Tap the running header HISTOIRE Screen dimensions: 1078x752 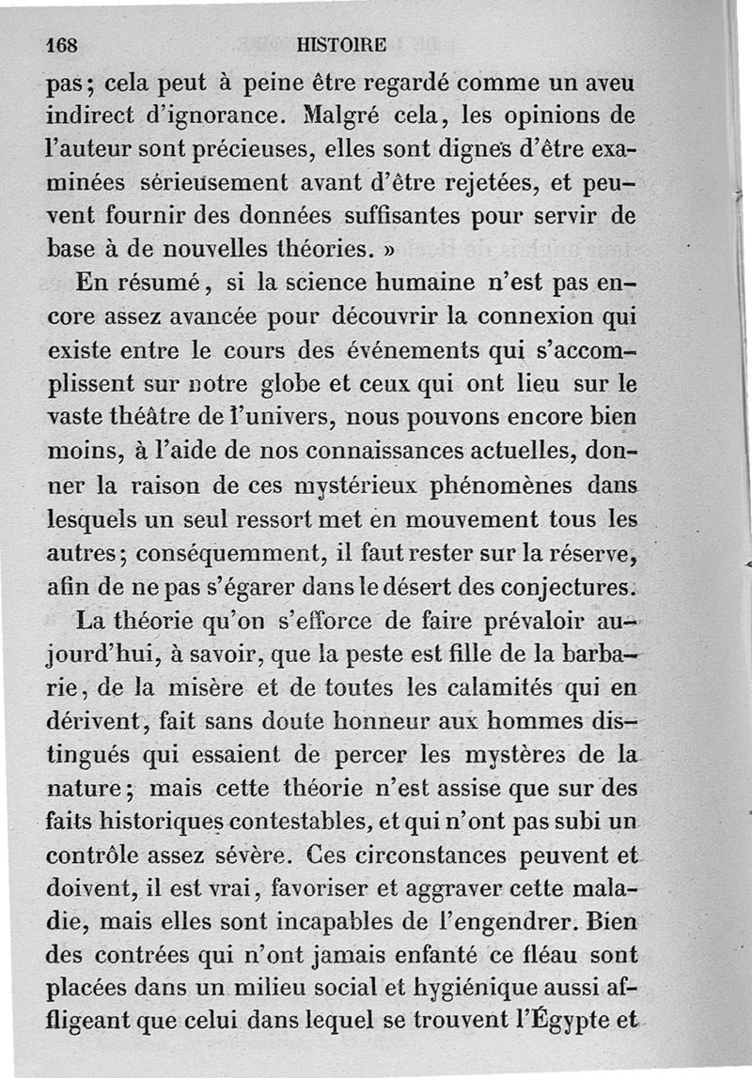[339, 44]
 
